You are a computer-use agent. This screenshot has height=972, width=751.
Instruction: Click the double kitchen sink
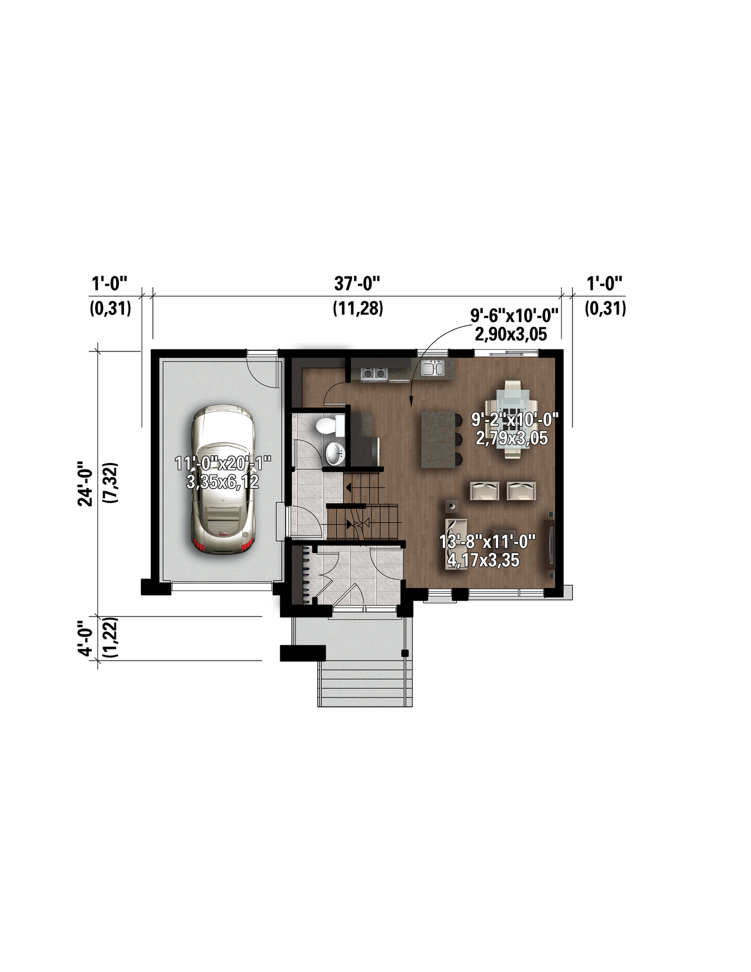(x=432, y=368)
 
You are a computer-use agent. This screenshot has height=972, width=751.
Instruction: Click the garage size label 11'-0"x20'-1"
(x=223, y=463)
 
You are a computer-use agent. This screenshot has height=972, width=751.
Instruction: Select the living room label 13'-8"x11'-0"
(x=487, y=541)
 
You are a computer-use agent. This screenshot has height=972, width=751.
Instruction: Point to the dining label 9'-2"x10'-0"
(x=515, y=419)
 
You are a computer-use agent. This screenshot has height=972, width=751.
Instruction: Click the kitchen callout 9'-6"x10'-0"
(x=514, y=315)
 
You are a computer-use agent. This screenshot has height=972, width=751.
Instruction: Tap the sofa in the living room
(x=456, y=543)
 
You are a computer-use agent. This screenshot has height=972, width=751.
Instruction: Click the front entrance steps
(x=365, y=684)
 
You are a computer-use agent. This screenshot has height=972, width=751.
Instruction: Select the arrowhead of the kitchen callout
(x=410, y=401)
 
